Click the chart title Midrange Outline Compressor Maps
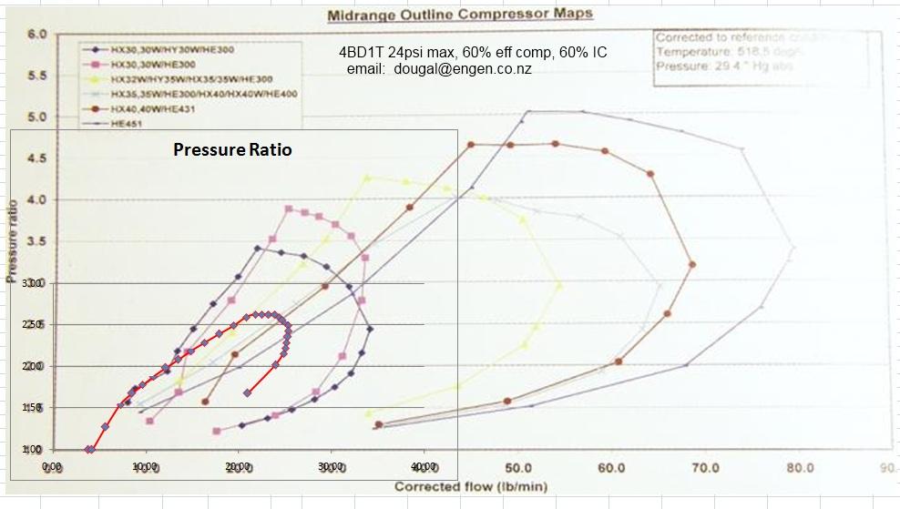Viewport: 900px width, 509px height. click(459, 14)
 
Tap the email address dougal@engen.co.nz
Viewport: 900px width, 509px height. click(464, 68)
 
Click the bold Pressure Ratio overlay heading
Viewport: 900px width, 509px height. click(233, 150)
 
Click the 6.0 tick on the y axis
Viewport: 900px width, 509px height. click(36, 35)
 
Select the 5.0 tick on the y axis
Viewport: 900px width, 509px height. click(36, 117)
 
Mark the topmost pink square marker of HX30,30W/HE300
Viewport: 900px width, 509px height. click(289, 209)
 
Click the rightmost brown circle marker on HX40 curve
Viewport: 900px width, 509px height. click(692, 264)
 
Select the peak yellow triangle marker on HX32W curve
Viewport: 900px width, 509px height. click(367, 178)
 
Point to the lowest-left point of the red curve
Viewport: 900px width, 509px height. click(88, 449)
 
